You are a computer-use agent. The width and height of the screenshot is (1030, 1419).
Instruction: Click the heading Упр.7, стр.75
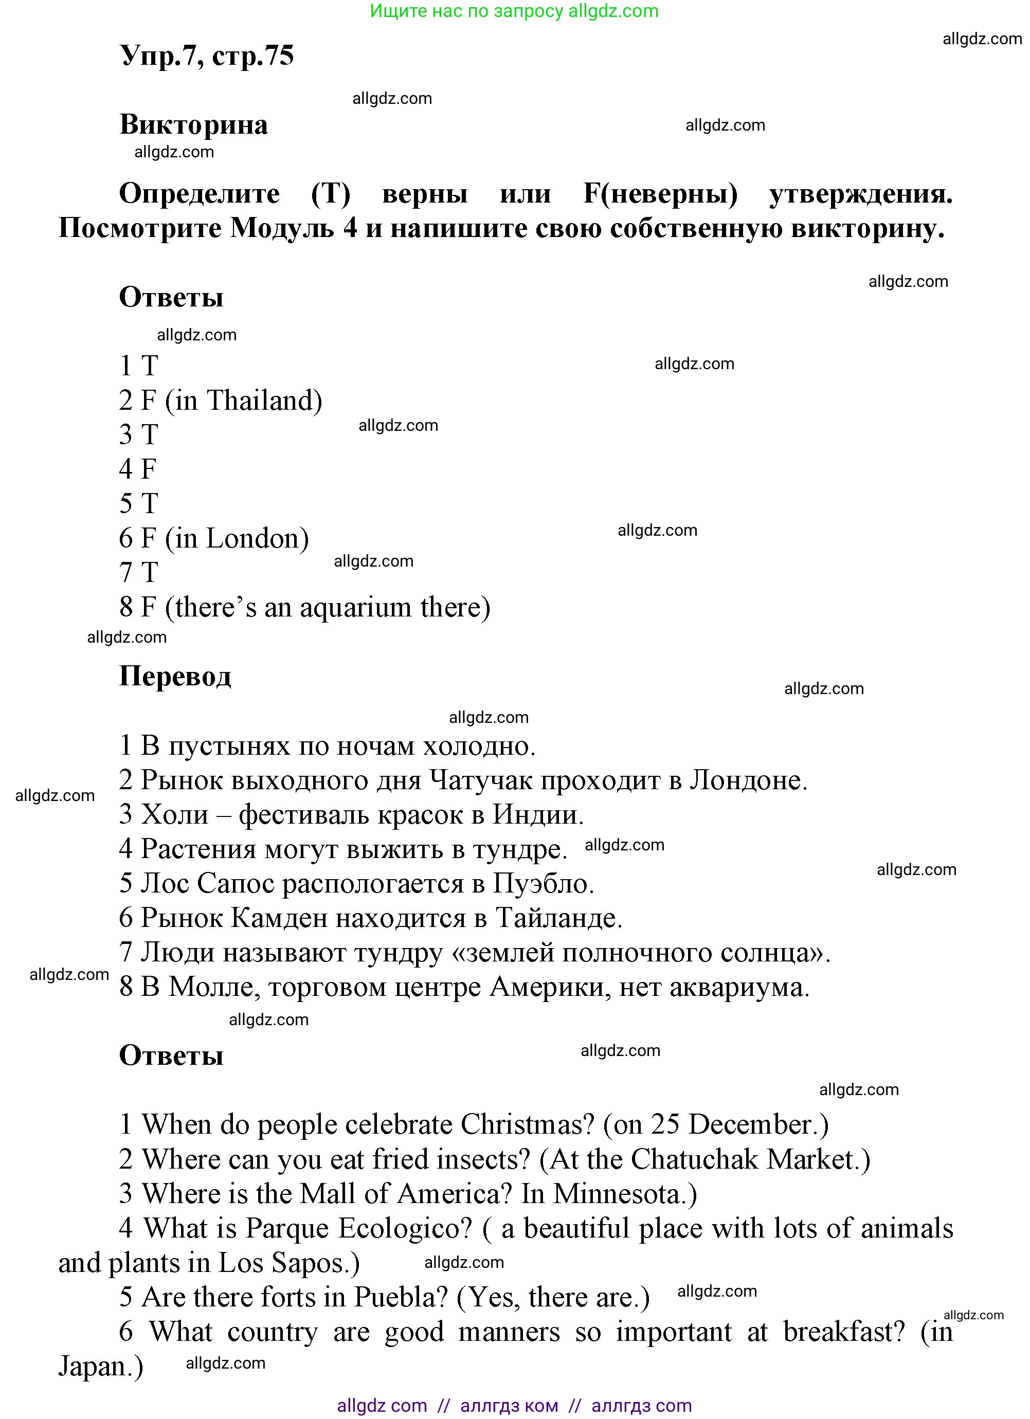[x=207, y=57]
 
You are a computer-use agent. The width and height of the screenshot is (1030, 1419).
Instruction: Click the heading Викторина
[x=193, y=124]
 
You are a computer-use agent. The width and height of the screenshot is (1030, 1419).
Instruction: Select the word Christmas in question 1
[x=527, y=1125]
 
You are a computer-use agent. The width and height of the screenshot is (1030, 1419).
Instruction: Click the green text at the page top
[x=514, y=11]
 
